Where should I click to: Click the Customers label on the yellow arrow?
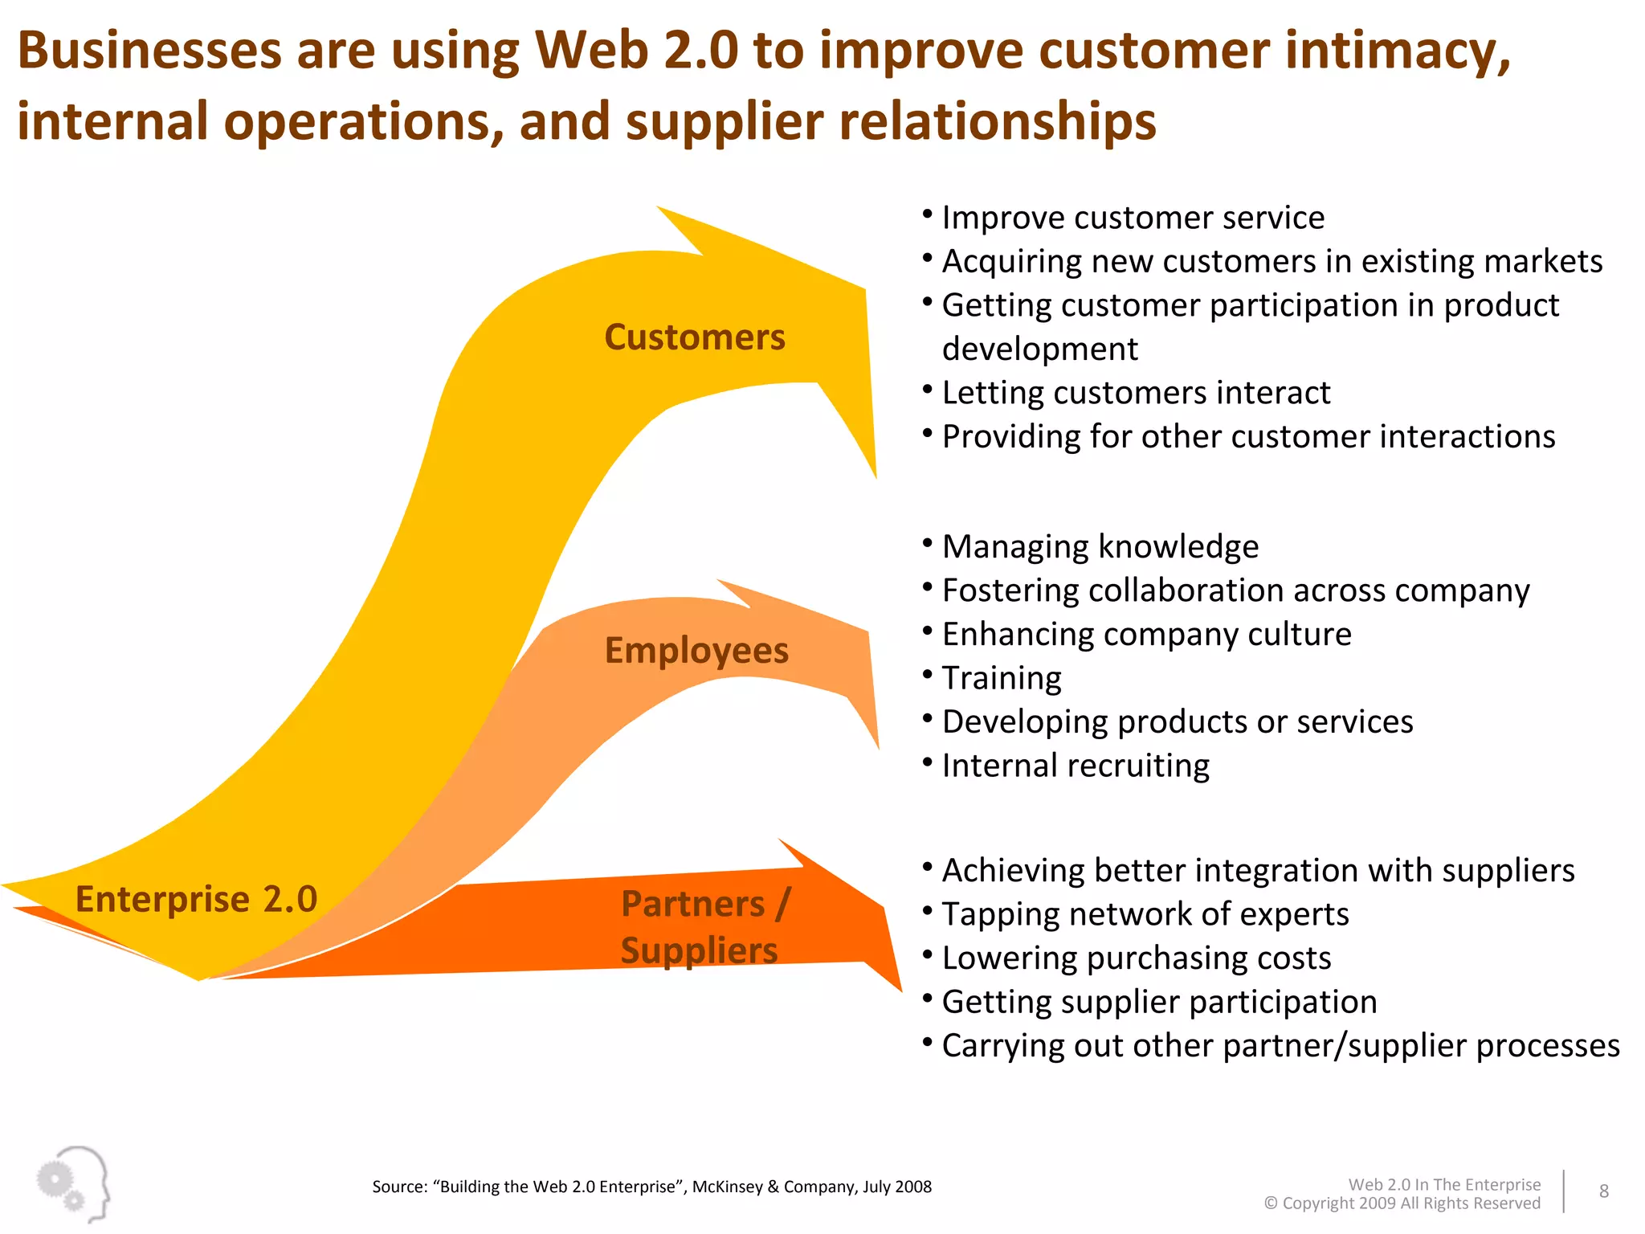click(695, 337)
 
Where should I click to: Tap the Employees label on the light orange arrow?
click(696, 651)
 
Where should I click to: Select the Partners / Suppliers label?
click(704, 927)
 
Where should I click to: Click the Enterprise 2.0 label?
click(196, 899)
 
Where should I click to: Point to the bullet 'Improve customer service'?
click(1133, 218)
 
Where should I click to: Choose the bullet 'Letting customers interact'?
click(1136, 393)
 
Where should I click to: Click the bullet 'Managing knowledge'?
click(1100, 547)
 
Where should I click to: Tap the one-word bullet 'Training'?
click(1002, 679)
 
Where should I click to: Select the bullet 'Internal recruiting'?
click(1076, 766)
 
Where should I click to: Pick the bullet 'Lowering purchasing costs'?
click(1136, 958)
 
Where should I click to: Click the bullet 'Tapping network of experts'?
click(1145, 914)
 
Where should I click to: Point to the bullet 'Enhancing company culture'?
click(1146, 635)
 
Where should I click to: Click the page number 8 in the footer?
click(1603, 1191)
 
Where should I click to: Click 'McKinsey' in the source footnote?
click(728, 1187)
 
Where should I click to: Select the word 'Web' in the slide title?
click(592, 51)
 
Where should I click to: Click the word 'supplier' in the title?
click(725, 122)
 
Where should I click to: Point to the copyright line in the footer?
click(1402, 1203)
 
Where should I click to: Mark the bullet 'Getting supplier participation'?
click(1159, 1003)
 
